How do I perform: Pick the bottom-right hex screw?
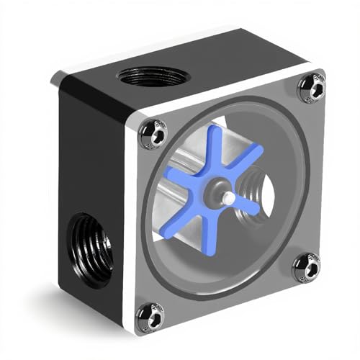pos(307,268)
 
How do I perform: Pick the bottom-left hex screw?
pos(150,315)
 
